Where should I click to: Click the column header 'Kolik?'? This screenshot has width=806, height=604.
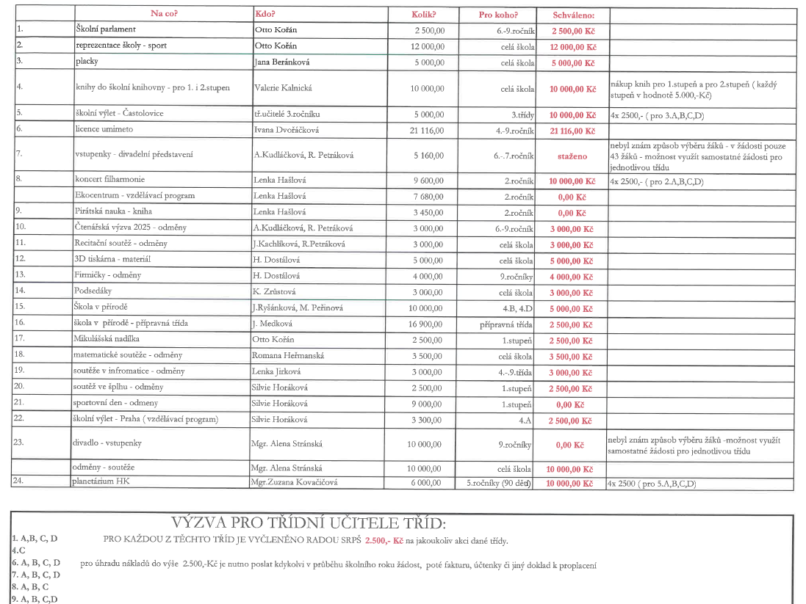click(x=424, y=15)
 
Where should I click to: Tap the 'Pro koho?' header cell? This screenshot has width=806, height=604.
click(x=498, y=15)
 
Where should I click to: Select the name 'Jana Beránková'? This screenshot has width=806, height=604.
click(x=282, y=62)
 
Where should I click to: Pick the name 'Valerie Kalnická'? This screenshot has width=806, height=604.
click(x=283, y=88)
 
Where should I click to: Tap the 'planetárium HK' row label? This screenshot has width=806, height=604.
click(x=101, y=482)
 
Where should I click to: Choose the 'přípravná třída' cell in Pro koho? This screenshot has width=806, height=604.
click(x=506, y=324)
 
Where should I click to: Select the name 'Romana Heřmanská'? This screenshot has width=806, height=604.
click(x=288, y=356)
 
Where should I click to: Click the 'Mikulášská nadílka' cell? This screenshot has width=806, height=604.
click(x=107, y=339)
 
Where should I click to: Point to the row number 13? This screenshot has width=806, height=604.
click(x=21, y=275)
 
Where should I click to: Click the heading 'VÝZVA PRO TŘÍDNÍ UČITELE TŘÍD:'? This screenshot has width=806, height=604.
click(x=308, y=523)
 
